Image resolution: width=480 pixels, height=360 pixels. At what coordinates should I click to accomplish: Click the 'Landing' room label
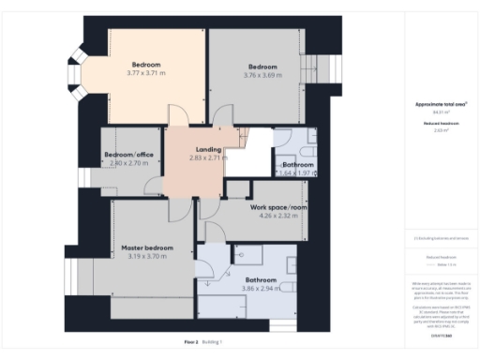[x=207, y=149]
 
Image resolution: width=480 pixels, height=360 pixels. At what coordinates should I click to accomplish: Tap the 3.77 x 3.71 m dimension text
[x=145, y=72]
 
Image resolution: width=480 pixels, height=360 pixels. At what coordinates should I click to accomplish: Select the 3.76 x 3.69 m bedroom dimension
[x=263, y=74]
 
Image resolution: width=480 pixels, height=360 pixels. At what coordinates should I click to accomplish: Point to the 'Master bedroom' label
[x=145, y=247]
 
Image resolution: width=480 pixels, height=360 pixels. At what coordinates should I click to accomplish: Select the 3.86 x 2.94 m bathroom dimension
[x=261, y=289]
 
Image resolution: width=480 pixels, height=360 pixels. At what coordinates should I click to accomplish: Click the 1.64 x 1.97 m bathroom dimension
[x=297, y=172]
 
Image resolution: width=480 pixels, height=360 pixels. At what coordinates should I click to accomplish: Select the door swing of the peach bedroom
[x=178, y=115]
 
